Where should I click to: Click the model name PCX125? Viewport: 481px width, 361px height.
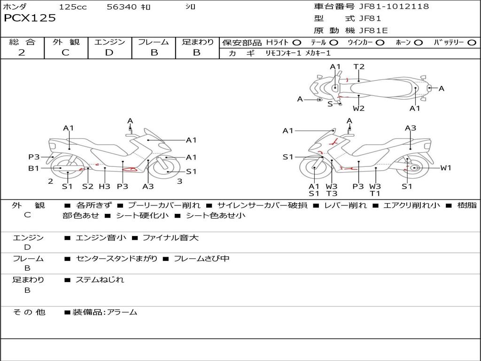30,18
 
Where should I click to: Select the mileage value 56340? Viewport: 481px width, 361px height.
121,7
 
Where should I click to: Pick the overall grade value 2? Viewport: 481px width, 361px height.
22,53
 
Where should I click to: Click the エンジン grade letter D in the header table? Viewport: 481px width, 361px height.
109,53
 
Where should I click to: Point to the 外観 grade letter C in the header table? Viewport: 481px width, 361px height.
65,53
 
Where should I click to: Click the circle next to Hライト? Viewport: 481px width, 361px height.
297,43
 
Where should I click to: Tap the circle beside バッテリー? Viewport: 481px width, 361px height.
472,43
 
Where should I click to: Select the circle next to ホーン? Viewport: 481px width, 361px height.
419,43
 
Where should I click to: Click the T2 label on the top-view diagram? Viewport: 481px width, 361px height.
359,67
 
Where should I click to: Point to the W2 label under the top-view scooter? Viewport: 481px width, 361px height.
358,109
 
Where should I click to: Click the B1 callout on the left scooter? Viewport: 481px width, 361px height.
34,168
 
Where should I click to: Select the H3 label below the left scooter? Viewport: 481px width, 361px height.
105,186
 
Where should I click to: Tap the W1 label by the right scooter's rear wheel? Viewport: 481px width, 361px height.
446,168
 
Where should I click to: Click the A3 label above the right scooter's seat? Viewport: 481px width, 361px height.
411,128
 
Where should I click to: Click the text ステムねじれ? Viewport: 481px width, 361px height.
100,280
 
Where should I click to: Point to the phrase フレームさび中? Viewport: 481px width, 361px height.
202,259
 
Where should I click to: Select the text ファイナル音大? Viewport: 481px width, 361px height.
171,237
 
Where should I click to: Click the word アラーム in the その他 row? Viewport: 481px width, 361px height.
122,313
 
